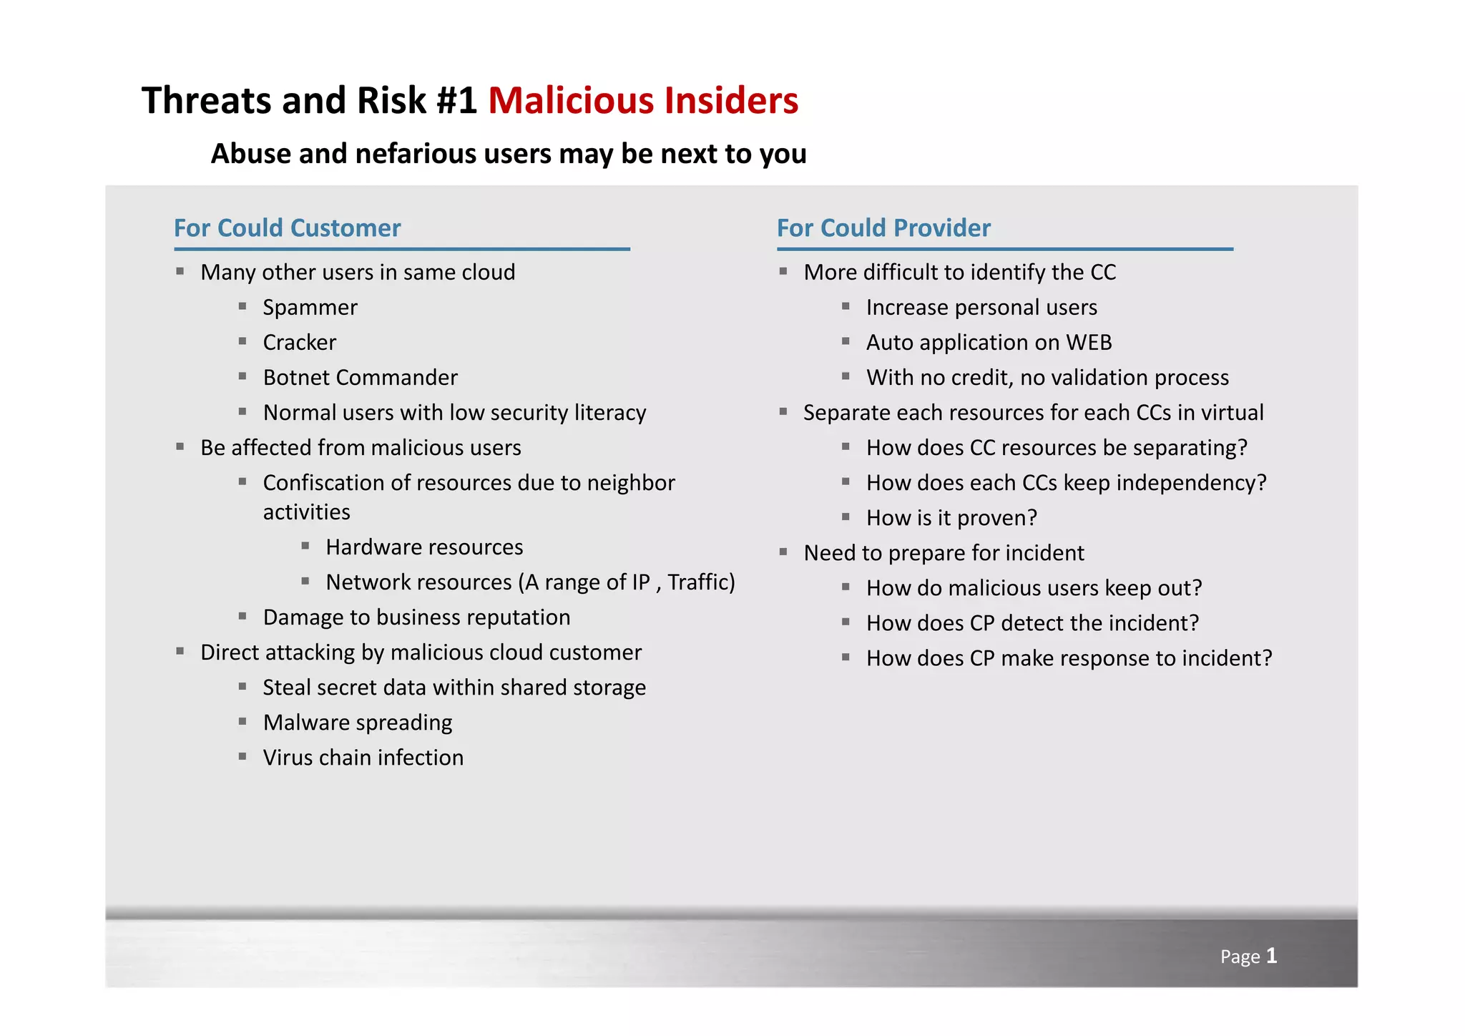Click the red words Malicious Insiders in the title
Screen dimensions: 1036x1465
click(642, 100)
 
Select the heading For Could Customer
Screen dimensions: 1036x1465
click(287, 228)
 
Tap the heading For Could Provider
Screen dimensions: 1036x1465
click(883, 228)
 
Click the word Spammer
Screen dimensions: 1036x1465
click(310, 308)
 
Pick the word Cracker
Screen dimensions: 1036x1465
click(299, 343)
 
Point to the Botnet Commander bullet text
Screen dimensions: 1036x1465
click(360, 378)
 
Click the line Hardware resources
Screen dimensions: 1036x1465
click(424, 547)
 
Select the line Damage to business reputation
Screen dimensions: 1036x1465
click(416, 617)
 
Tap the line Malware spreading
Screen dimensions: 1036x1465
click(357, 723)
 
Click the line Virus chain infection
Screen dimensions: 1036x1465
click(363, 758)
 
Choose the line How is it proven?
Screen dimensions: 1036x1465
click(951, 518)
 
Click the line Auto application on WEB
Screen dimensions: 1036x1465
click(989, 343)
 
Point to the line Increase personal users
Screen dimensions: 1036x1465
click(981, 308)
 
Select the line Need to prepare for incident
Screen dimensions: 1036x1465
click(944, 553)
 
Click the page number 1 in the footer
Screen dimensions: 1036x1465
click(1271, 955)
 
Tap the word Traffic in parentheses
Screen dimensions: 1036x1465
click(697, 582)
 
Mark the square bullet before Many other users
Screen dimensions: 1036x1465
click(180, 271)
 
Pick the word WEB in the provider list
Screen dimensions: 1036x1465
click(1089, 343)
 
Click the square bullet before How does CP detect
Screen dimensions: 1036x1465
click(846, 622)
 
